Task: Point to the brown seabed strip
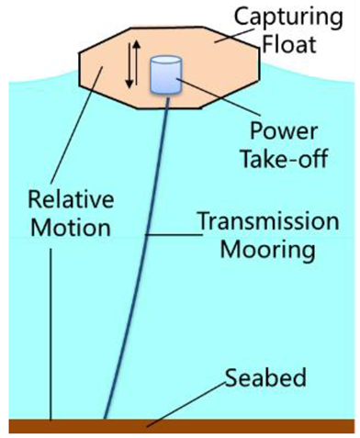(184, 425)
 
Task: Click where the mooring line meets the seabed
(105, 419)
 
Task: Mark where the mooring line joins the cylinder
(167, 94)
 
